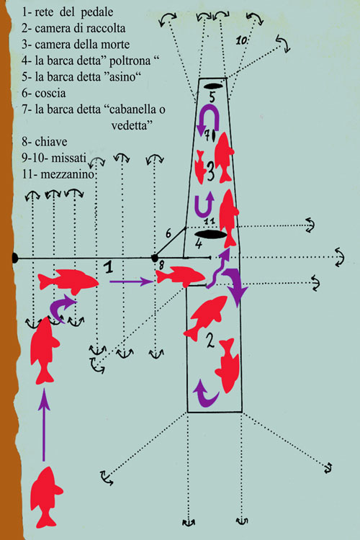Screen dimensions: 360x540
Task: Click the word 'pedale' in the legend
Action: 97,12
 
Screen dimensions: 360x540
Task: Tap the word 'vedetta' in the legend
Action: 130,125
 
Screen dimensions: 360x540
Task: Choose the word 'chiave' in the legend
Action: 51,142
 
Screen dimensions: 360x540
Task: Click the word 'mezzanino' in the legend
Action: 67,174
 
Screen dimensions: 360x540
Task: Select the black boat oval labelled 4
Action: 210,235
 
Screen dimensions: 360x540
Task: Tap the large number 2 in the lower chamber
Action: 210,341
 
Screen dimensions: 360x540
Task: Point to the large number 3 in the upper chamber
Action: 210,171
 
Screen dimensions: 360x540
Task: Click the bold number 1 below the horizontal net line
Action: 109,267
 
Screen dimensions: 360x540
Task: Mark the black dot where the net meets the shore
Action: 14,258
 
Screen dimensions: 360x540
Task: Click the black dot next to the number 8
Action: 154,258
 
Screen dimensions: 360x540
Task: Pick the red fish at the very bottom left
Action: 46,497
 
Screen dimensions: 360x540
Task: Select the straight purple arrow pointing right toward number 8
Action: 132,282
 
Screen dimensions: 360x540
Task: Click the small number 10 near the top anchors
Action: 241,40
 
